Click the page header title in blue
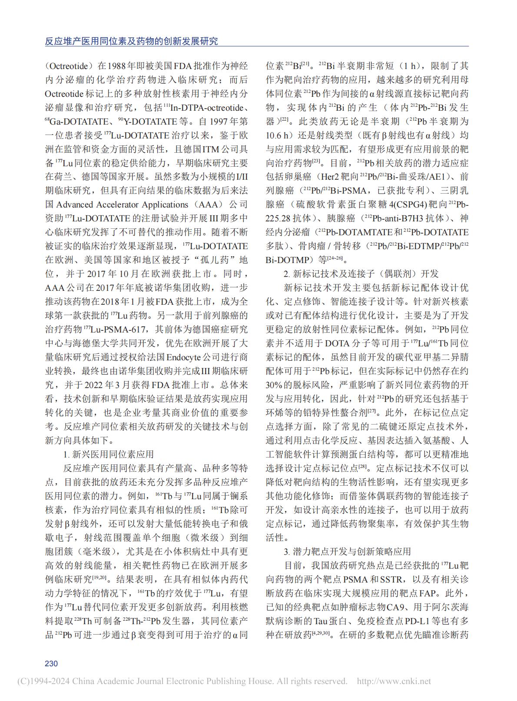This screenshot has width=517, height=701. click(x=132, y=41)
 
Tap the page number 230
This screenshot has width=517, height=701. click(x=51, y=663)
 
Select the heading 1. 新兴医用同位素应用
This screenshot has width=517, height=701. click(x=109, y=454)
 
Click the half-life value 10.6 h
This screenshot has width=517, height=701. click(x=278, y=135)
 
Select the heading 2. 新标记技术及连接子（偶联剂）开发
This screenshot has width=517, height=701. click(x=361, y=273)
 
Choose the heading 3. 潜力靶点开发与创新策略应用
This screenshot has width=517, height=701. click(x=347, y=551)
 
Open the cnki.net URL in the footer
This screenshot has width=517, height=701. click(x=394, y=681)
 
